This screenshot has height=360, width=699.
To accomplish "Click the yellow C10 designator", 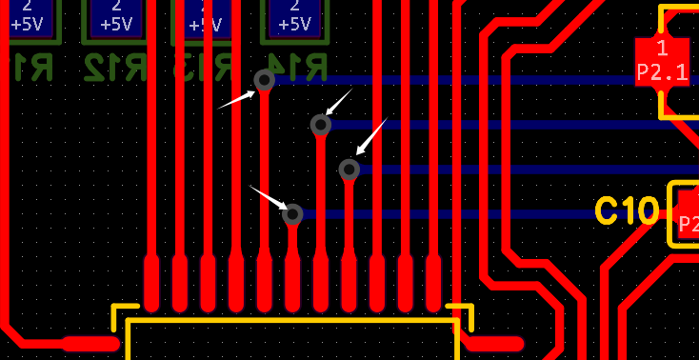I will click(626, 210).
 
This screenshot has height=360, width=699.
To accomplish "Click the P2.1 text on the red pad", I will click(662, 70).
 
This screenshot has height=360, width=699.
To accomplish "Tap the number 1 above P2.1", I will click(662, 48).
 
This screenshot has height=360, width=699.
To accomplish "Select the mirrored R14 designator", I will click(299, 66).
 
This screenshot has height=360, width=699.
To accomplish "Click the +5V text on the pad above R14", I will click(299, 24).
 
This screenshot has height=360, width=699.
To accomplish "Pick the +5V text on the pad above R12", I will click(116, 24).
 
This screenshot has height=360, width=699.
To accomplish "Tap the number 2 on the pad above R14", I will click(299, 6).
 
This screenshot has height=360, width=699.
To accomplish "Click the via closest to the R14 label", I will click(265, 81).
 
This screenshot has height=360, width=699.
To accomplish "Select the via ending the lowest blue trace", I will click(292, 214).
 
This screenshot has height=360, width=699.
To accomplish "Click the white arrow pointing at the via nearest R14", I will click(236, 99).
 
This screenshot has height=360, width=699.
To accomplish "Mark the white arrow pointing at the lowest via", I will click(269, 197).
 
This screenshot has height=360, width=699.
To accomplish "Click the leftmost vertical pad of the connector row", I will click(151, 284).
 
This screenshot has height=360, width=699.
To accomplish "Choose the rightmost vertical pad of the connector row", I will click(433, 284).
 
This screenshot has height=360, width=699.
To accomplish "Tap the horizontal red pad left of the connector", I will click(90, 344).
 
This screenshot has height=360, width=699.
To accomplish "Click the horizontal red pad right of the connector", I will click(493, 344).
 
